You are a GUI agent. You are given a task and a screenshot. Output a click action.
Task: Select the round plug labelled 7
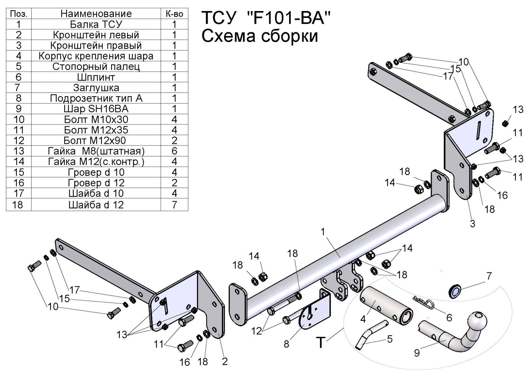pos(455,292)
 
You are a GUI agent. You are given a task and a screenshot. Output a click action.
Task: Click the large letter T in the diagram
pos(320,343)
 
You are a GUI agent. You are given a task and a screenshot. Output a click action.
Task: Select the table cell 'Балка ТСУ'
pos(96,24)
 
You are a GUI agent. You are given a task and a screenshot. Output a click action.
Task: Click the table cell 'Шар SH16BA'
pos(96,109)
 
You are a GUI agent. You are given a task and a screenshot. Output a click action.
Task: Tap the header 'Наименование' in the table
pos(96,14)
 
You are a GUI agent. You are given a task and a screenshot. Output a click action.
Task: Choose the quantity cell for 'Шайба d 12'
pos(174,205)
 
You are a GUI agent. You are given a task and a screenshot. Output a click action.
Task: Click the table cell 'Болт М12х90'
pos(96,140)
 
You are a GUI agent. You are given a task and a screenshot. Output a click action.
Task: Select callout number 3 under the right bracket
pos(472,224)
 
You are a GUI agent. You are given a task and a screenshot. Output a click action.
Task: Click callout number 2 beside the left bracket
pos(224,361)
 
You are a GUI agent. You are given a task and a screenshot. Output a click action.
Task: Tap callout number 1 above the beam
pos(323,231)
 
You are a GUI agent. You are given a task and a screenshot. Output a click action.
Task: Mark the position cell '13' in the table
pos(19,151)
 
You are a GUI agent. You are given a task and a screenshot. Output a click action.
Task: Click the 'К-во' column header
pos(174,14)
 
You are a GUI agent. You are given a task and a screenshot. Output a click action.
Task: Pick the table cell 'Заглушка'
pos(96,88)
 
